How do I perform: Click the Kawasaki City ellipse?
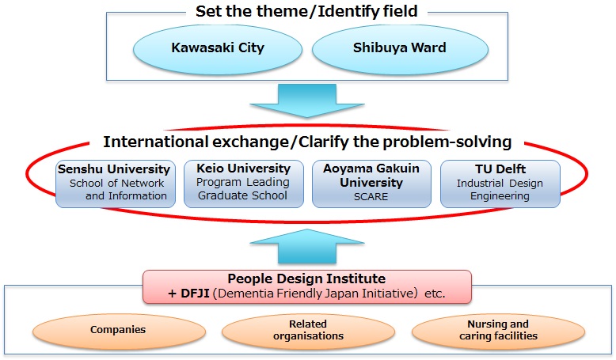pyautogui.click(x=218, y=47)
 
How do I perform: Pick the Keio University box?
pyautogui.click(x=244, y=184)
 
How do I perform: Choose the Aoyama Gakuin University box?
pyautogui.click(x=372, y=184)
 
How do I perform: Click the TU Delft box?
pyautogui.click(x=500, y=184)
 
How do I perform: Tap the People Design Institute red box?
pyautogui.click(x=306, y=286)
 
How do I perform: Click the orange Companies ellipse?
pyautogui.click(x=118, y=329)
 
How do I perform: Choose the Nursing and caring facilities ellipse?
pyautogui.click(x=496, y=329)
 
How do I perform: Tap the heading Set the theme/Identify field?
pyautogui.click(x=307, y=13)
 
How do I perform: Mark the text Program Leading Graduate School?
pyautogui.click(x=244, y=190)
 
